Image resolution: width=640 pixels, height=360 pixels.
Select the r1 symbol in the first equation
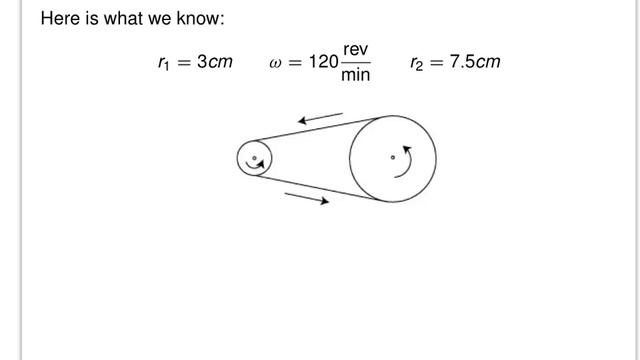point(163,63)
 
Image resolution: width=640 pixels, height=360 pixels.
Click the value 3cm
point(215,62)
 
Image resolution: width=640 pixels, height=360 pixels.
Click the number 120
point(323,62)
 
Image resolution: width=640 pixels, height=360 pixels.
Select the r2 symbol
point(417,63)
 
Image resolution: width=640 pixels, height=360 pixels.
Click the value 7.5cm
point(475,62)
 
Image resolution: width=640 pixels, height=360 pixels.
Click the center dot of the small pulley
point(254,158)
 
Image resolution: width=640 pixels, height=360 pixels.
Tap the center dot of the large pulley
point(392,157)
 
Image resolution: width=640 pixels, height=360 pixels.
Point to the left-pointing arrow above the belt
point(321,119)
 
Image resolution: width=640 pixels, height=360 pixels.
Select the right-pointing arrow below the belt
point(307,198)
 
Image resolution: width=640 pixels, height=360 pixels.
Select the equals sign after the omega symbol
point(297,63)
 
